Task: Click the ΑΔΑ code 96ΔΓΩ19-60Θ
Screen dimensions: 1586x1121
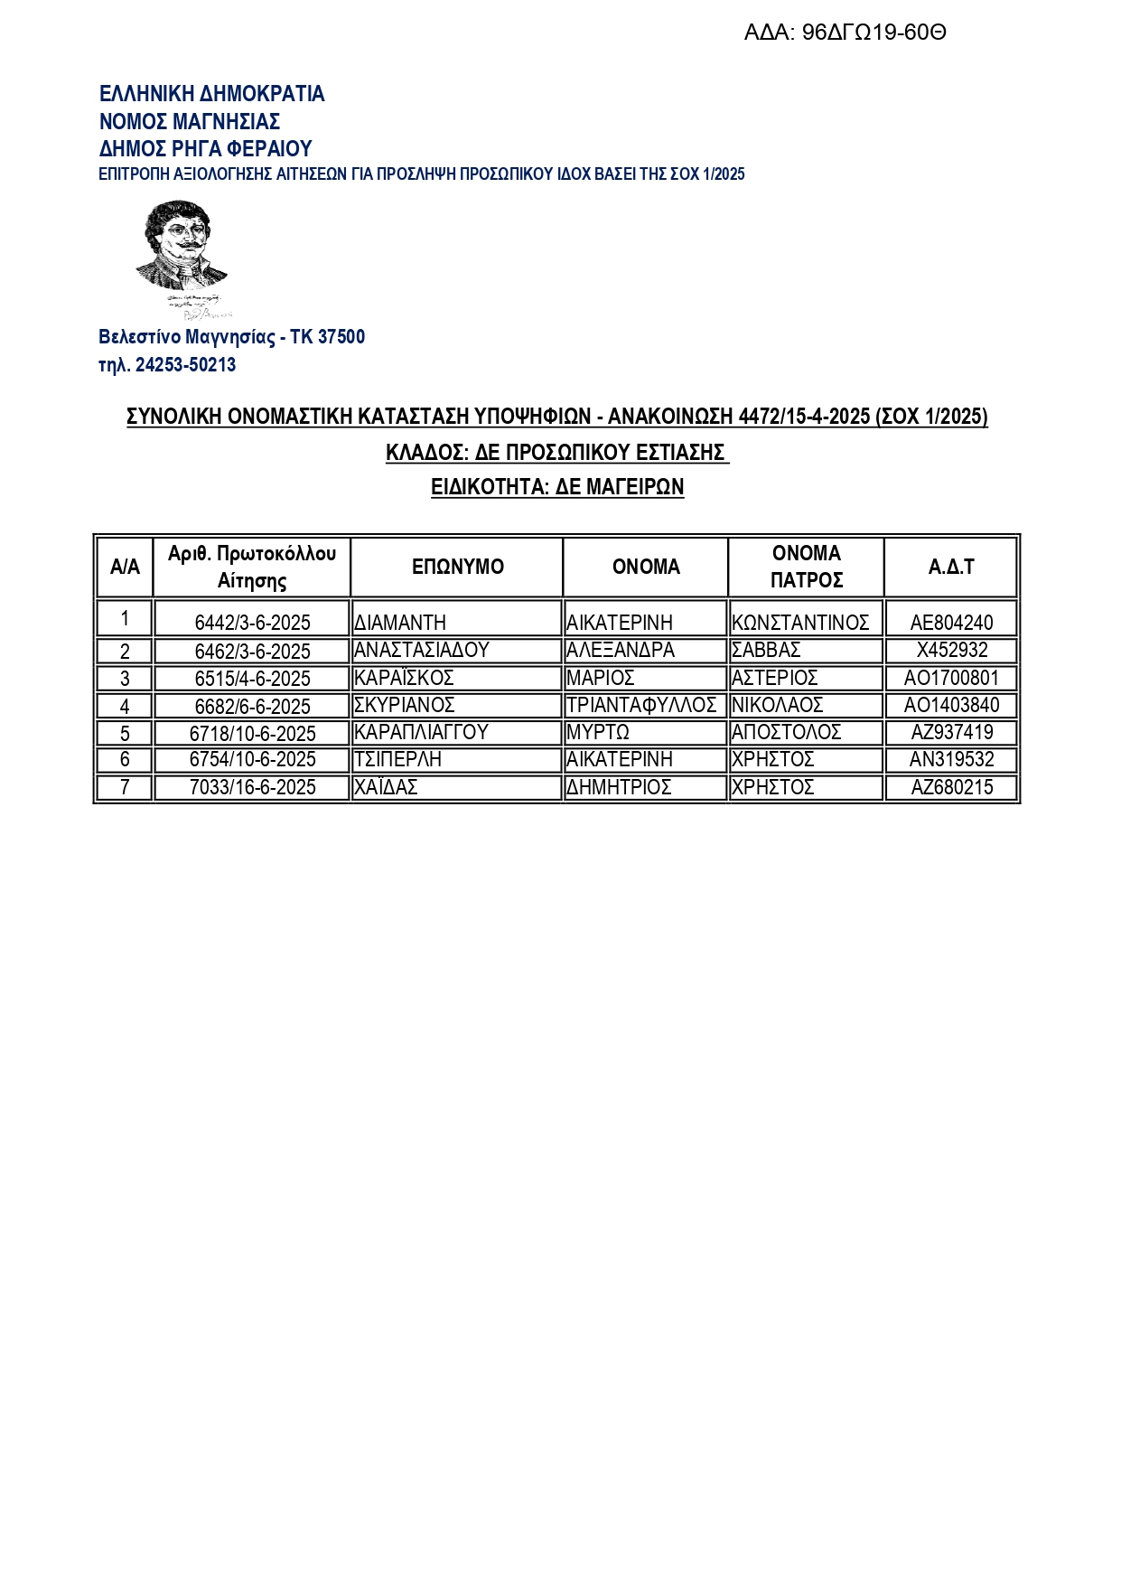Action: (845, 33)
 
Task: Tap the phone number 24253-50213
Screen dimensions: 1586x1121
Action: (185, 365)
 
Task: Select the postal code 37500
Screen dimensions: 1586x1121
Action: (341, 337)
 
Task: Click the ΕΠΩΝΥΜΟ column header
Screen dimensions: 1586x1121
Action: (457, 567)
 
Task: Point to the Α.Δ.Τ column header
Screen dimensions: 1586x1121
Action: (951, 567)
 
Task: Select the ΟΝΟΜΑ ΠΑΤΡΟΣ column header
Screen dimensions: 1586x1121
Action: (806, 567)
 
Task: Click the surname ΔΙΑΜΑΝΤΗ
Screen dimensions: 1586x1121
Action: (400, 623)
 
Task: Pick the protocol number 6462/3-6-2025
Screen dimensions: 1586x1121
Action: (252, 652)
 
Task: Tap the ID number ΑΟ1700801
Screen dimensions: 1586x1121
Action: (951, 678)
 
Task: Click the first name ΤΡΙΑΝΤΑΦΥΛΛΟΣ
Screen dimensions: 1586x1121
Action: (641, 705)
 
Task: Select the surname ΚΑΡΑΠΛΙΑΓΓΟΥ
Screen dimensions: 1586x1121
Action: (421, 732)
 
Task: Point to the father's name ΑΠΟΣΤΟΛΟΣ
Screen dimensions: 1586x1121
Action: (786, 732)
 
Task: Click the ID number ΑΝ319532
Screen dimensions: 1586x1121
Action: (951, 760)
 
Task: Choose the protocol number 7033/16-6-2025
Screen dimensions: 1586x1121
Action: (252, 787)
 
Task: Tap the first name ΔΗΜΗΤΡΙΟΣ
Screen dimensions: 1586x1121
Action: (619, 787)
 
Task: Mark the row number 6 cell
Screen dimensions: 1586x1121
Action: (125, 760)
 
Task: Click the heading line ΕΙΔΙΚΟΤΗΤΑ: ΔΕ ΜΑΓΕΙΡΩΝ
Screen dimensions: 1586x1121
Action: (557, 487)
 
